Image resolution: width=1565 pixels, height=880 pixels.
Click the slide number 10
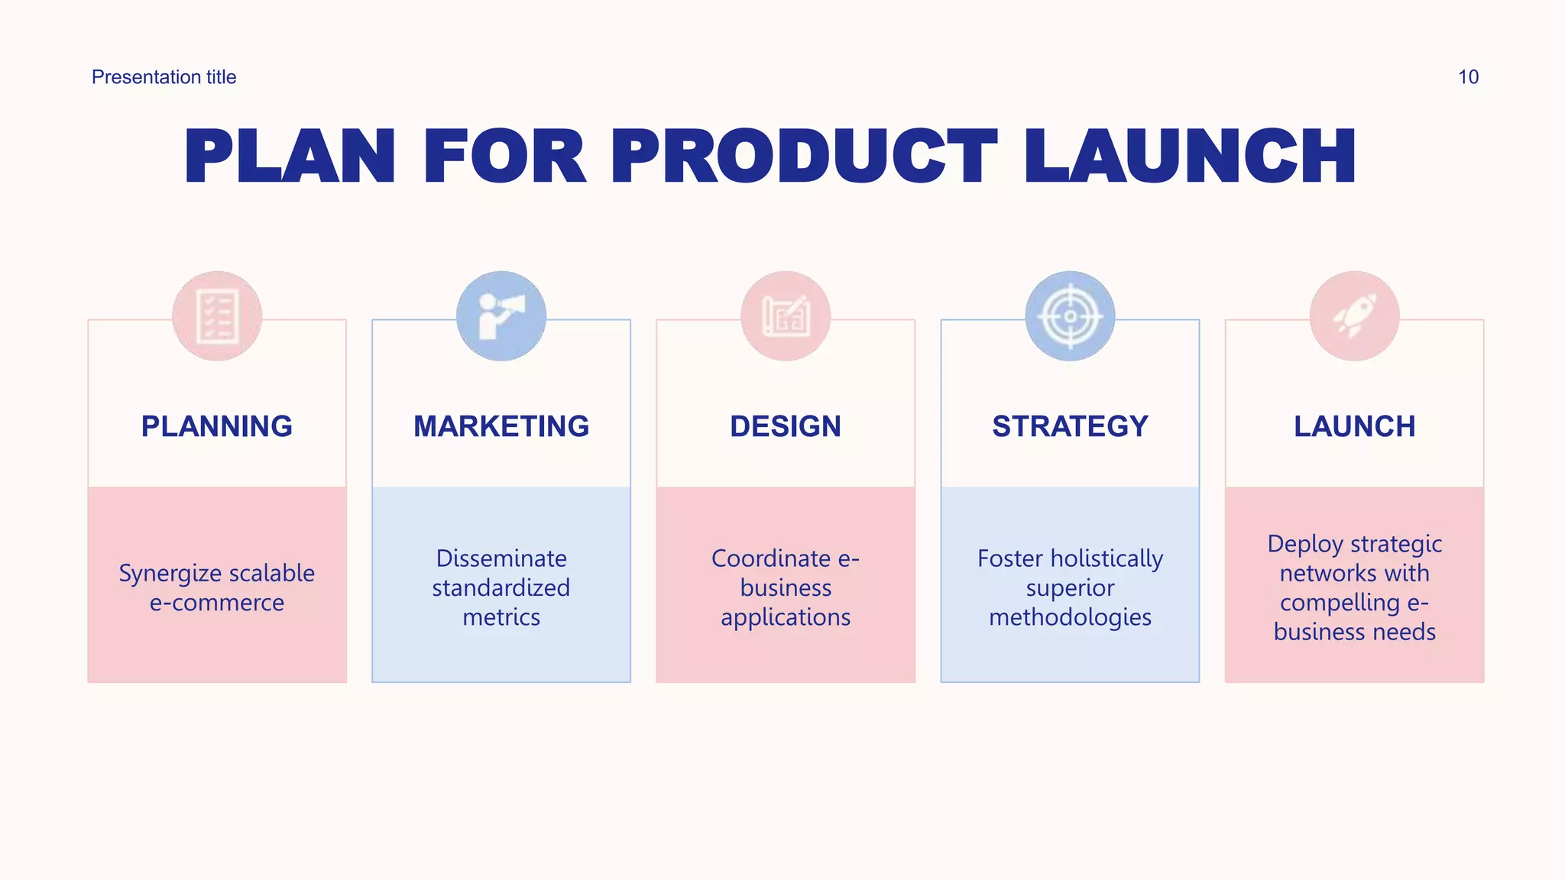click(1468, 77)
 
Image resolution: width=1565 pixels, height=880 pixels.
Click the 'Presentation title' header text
click(164, 77)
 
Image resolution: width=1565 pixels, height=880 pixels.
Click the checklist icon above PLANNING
click(217, 316)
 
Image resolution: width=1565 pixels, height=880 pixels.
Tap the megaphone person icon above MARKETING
click(501, 316)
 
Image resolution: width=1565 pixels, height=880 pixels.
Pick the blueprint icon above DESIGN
click(786, 316)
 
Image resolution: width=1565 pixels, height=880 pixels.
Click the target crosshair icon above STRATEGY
click(1070, 316)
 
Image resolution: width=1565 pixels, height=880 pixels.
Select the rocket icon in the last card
click(1354, 316)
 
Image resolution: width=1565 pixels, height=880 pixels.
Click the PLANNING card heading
click(217, 426)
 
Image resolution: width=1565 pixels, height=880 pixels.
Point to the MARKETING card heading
click(501, 426)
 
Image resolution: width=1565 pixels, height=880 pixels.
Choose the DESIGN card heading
click(786, 426)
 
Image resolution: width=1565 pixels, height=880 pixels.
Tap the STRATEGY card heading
click(1070, 426)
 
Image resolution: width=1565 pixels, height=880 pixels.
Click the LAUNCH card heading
click(1354, 426)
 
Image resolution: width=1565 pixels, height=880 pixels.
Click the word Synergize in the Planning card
click(170, 574)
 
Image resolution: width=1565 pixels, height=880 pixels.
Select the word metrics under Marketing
click(501, 617)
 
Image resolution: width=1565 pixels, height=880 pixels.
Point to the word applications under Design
click(786, 617)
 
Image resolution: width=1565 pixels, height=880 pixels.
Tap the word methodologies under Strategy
click(1070, 617)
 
